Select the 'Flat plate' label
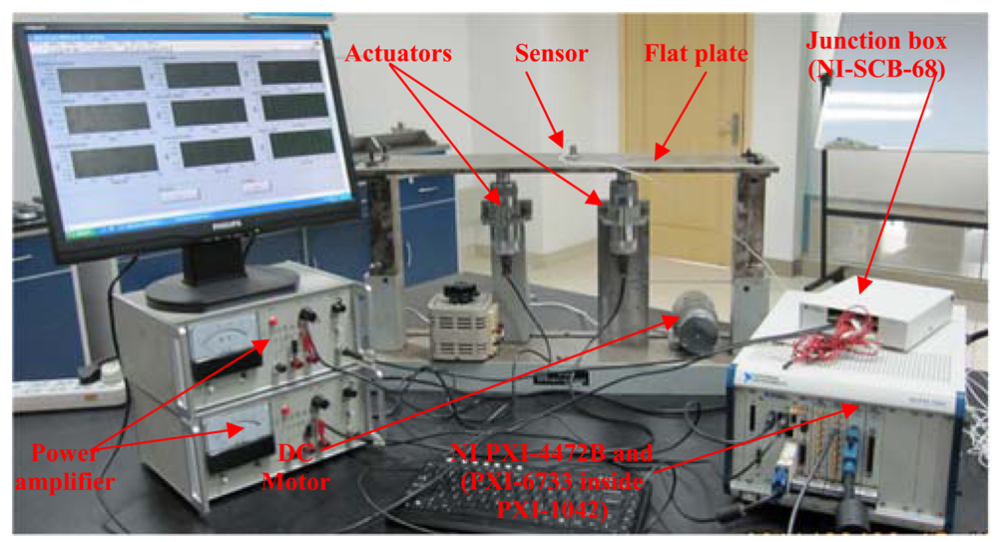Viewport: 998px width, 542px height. click(x=696, y=54)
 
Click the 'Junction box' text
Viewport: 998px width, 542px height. click(x=879, y=39)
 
